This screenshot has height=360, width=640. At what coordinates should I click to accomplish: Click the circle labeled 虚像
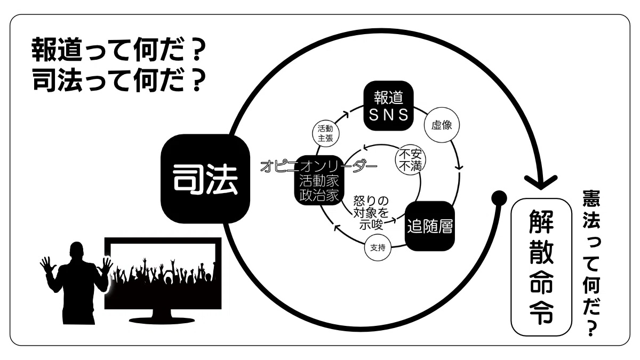(441, 126)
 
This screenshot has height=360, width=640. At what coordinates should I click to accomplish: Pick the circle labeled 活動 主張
(325, 132)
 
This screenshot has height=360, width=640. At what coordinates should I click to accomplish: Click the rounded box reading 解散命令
(541, 268)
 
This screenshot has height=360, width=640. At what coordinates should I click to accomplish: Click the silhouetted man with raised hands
(75, 283)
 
